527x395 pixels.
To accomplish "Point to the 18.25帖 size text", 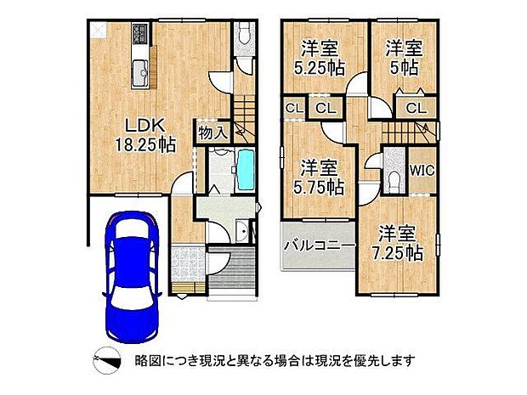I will (144, 145).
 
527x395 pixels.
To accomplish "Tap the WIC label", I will (422, 170).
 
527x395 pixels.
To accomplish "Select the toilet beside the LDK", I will (243, 36).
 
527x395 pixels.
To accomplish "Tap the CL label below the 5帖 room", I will (416, 108).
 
